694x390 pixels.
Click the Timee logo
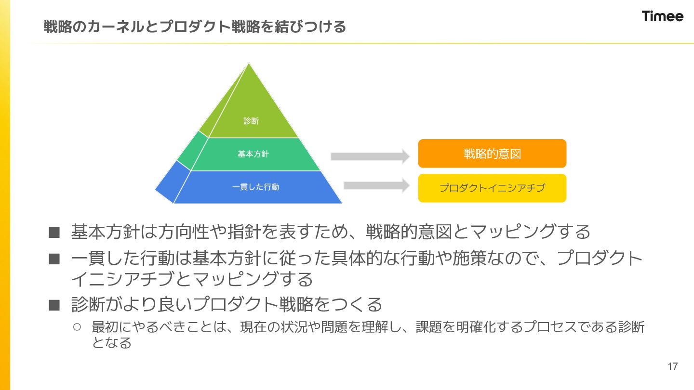(662, 16)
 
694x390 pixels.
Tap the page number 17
(673, 366)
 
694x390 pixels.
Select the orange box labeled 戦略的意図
(492, 154)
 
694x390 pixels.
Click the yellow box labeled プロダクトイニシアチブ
(492, 188)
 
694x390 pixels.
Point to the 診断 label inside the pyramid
(251, 121)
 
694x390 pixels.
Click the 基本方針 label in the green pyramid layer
(253, 154)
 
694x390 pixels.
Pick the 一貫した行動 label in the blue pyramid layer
(255, 187)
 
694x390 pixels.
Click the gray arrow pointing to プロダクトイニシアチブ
(376, 185)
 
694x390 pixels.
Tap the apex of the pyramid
(249, 65)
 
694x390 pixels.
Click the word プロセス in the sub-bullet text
(554, 327)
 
